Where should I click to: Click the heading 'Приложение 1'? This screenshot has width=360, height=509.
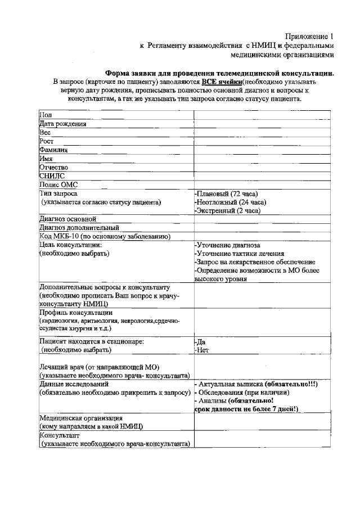tap(309, 35)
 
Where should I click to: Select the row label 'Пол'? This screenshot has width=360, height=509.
tap(45, 114)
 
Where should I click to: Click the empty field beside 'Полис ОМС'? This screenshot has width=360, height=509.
tap(261, 184)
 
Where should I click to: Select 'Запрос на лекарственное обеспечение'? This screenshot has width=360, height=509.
tap(255, 263)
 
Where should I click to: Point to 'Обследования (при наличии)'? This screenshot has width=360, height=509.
tap(243, 393)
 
